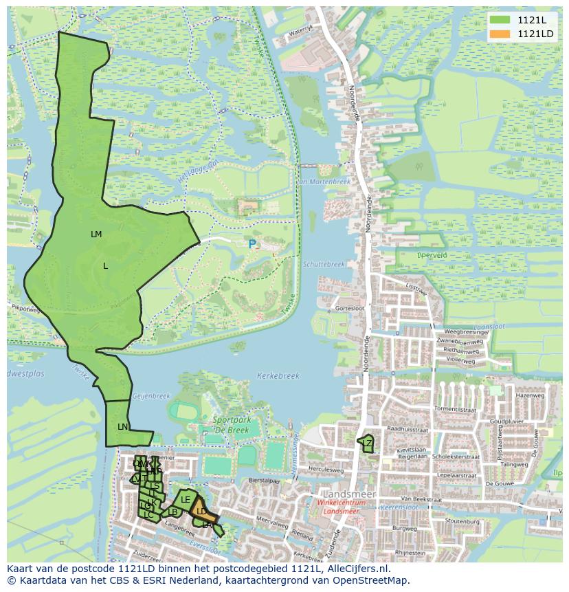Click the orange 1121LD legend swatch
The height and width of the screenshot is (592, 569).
click(500, 34)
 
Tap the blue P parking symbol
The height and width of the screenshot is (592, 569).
click(252, 244)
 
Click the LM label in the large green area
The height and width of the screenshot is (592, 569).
click(96, 234)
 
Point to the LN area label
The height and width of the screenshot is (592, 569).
click(122, 427)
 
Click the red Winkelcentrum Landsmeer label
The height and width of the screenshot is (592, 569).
click(342, 507)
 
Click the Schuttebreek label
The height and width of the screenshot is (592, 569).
click(323, 264)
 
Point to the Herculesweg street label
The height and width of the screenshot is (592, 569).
click(326, 470)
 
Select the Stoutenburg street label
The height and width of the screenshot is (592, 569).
click(461, 521)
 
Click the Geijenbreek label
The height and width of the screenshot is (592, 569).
click(150, 396)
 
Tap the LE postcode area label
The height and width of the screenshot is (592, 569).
click(186, 500)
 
